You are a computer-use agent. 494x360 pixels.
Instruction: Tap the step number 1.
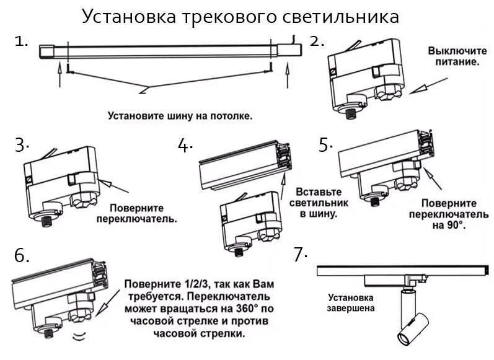(22, 42)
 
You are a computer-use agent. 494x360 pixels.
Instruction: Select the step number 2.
(317, 42)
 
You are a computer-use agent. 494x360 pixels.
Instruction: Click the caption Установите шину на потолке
(180, 116)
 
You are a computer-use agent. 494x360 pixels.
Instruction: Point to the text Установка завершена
(351, 301)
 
